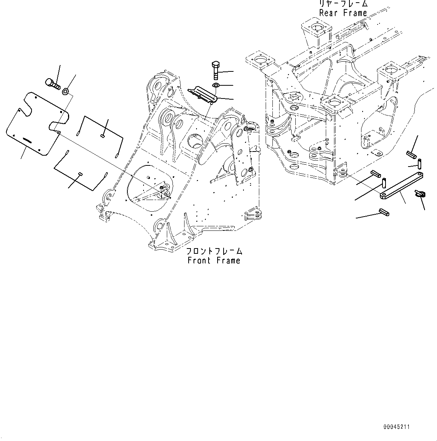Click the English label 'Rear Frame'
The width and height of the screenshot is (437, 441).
pos(343,13)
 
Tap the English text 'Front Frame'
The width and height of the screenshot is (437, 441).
pos(213,260)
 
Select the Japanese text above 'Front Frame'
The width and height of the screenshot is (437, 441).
pos(214,251)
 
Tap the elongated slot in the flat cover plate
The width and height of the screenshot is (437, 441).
pos(29,140)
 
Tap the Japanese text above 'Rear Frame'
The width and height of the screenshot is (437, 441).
pos(343,4)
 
